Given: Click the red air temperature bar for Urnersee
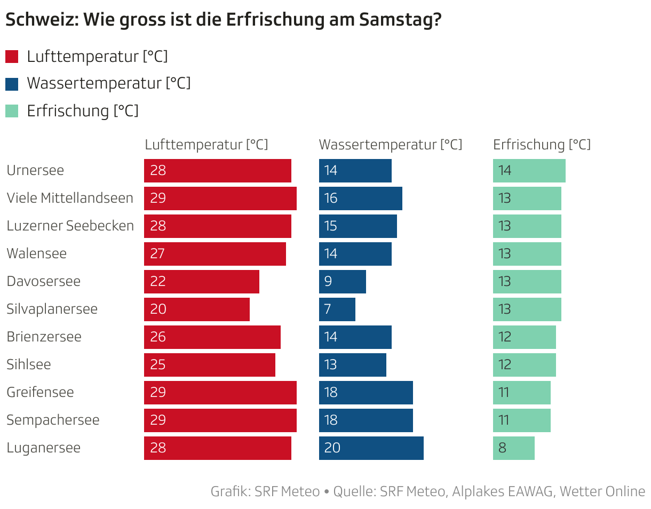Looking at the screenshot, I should click(x=218, y=171).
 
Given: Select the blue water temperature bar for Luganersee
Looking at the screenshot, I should click(x=371, y=448).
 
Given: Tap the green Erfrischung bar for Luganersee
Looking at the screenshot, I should click(x=514, y=448).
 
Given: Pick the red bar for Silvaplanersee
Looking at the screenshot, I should click(x=197, y=309).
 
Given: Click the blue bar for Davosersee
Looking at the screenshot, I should click(x=343, y=282).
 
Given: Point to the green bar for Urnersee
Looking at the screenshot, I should click(x=529, y=171).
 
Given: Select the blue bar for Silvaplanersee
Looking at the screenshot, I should click(x=337, y=309).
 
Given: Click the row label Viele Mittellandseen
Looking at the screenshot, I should click(x=70, y=198).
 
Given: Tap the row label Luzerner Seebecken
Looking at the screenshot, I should click(x=70, y=226).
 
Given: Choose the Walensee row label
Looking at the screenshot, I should click(x=36, y=253).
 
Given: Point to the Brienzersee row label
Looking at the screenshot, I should click(x=44, y=337).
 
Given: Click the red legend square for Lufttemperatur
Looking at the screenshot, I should click(x=12, y=57).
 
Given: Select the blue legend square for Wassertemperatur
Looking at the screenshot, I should click(x=12, y=84).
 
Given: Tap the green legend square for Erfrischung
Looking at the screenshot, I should click(x=12, y=111).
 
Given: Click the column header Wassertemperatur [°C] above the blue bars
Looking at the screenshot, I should click(x=390, y=145).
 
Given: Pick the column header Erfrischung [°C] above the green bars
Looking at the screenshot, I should click(x=542, y=145).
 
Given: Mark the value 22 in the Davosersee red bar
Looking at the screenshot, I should click(x=158, y=282).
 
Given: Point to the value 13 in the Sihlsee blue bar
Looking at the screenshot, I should click(x=331, y=365).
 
